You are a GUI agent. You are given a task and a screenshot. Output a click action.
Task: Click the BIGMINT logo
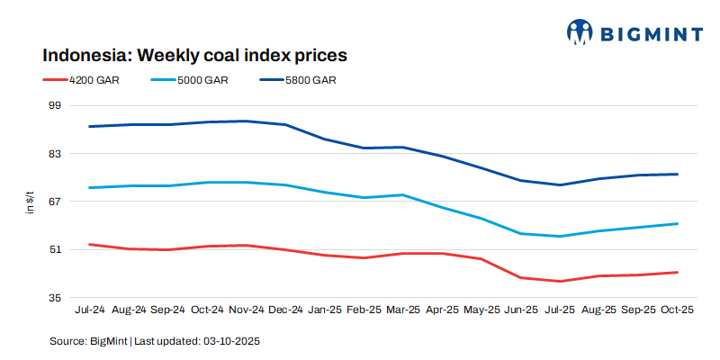coord(634,33)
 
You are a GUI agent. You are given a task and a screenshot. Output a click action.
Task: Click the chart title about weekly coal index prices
coord(195,56)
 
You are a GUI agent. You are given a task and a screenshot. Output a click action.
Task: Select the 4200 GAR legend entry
coord(94,80)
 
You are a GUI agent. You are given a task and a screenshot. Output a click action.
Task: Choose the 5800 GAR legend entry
coord(311,80)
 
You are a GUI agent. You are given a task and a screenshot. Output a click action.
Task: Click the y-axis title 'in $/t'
coord(30,202)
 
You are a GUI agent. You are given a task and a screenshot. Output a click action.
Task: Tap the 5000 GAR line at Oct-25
coord(676,224)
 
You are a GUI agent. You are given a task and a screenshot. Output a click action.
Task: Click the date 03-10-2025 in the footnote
coord(231,342)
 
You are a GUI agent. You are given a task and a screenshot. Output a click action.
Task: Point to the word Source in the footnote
coord(67,342)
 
